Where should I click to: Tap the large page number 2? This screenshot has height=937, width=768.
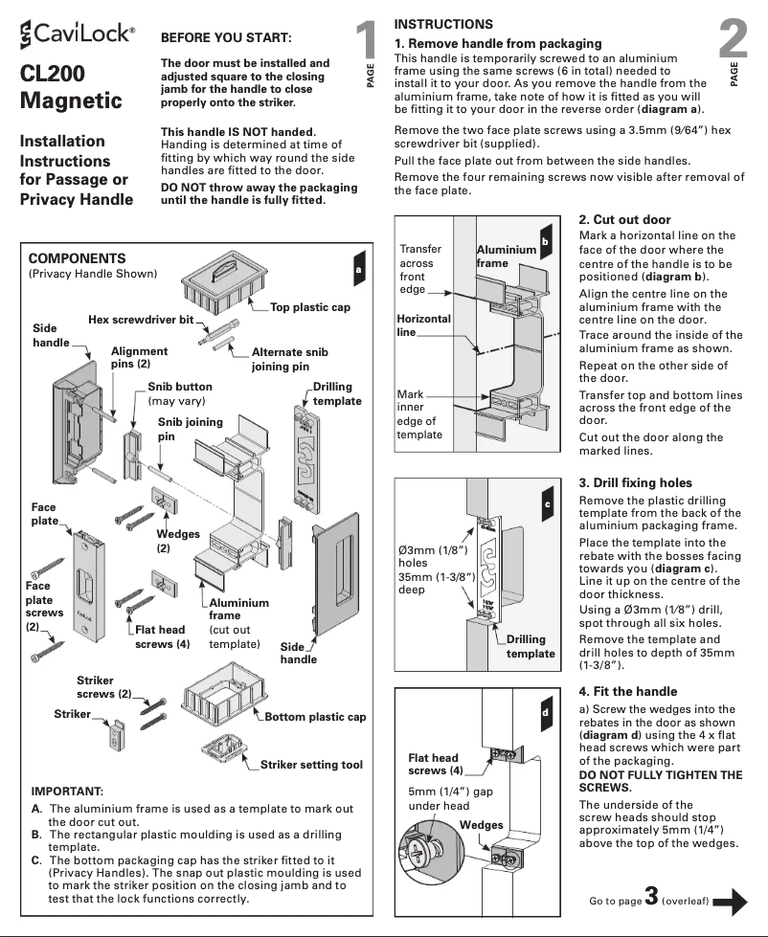[x=733, y=38]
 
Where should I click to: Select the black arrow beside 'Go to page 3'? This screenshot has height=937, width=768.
[x=731, y=901]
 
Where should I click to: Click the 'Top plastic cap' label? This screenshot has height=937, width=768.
[x=309, y=307]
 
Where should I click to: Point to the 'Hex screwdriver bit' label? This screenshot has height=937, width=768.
[x=141, y=319]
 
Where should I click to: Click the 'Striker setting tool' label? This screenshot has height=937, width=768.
[x=311, y=765]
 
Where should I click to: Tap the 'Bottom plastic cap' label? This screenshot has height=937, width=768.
[x=315, y=717]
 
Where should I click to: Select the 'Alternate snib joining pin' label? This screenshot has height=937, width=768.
[x=289, y=359]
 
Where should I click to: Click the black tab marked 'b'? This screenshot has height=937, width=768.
[x=545, y=242]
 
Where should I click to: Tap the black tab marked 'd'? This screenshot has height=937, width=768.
[x=545, y=713]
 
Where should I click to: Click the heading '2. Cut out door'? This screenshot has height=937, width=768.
[x=624, y=219]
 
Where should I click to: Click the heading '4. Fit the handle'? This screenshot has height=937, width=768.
[x=627, y=691]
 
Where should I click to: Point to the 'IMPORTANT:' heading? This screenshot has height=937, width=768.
[x=67, y=792]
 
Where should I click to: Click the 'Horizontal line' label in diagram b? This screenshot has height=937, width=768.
[x=423, y=324]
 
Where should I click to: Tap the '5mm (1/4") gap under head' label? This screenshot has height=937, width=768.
[x=450, y=798]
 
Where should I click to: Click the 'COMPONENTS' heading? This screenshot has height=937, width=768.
[x=77, y=258]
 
